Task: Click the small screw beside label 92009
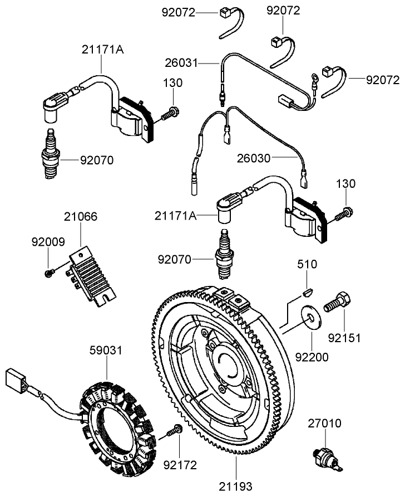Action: pyautogui.click(x=48, y=272)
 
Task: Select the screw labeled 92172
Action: pyautogui.click(x=175, y=431)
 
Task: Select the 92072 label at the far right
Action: pyautogui.click(x=382, y=80)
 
